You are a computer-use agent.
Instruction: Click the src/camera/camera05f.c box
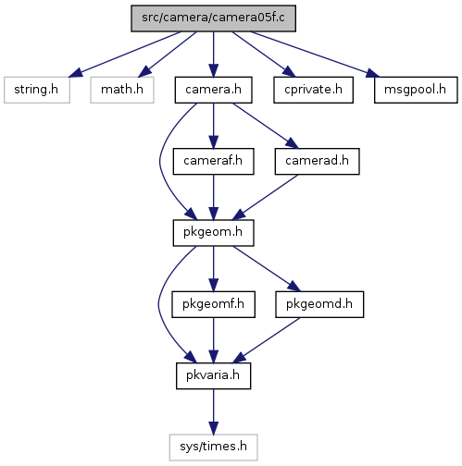point(213,18)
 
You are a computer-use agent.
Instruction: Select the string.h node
point(37,90)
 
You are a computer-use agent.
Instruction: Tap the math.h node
point(122,90)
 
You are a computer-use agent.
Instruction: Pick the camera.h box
point(213,90)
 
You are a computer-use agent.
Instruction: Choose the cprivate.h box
point(313,90)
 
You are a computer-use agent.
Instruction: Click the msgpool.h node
point(416,90)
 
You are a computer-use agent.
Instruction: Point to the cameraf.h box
point(213,161)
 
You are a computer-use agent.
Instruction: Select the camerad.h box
point(317,161)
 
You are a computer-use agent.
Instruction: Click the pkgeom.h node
point(213,233)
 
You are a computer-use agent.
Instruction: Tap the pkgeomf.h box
point(213,304)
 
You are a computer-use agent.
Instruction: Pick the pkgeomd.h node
point(319,304)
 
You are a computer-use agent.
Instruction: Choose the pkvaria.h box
point(213,375)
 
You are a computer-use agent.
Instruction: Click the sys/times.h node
point(213,448)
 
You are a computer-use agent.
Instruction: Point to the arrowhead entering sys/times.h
point(213,428)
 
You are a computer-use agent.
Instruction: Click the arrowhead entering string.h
point(76,73)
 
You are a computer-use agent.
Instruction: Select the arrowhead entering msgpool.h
point(373,73)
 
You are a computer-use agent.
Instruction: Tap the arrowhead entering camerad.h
point(293,143)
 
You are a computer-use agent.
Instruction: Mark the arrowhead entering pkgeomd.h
point(293,287)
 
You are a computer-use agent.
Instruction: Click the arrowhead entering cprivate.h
point(289,72)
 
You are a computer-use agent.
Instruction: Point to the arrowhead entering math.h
point(145,72)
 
